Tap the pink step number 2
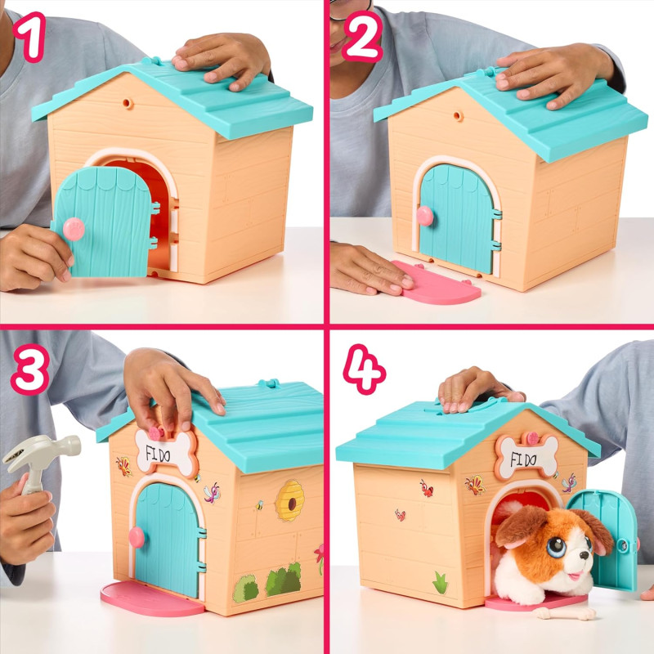[361, 37]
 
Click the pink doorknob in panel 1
[74, 230]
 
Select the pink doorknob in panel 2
[425, 215]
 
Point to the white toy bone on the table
[565, 611]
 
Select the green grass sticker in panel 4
[441, 583]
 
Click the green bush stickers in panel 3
[270, 582]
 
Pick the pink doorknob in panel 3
[136, 536]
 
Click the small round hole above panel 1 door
[126, 105]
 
